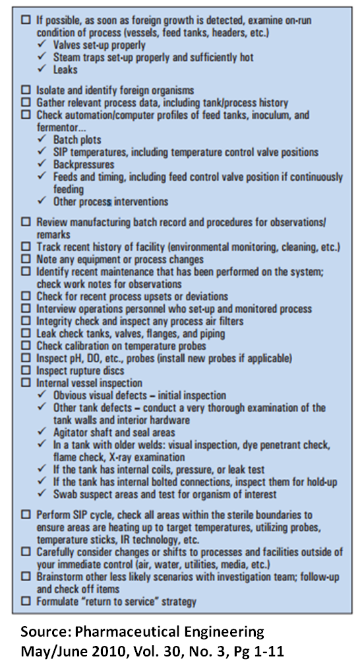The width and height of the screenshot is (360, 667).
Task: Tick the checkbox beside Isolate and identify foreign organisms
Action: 26,89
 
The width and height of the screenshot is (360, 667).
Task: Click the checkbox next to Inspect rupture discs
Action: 26,371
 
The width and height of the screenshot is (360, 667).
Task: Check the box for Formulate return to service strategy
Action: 26,601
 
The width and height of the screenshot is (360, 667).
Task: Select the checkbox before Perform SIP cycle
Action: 26,514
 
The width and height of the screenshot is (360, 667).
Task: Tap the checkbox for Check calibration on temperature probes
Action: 26,346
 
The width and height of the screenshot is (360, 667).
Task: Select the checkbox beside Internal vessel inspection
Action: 26,383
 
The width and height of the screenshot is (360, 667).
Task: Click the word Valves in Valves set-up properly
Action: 68,46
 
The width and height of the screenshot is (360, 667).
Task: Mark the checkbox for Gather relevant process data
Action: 26,102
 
